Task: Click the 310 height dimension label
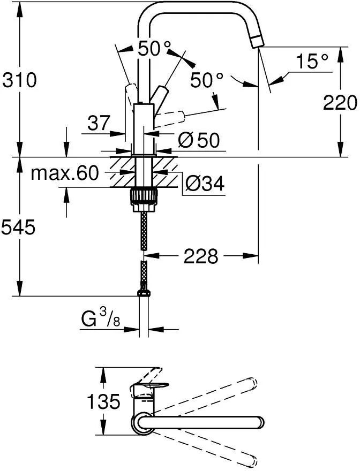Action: (19, 80)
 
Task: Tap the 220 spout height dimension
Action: (340, 103)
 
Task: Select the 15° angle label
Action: (312, 61)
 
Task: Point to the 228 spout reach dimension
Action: (200, 256)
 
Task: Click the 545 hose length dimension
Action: (19, 227)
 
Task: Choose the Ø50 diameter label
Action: (199, 140)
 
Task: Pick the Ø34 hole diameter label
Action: (205, 183)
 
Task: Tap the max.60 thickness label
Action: (65, 173)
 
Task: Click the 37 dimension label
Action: (98, 123)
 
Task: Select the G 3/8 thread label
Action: (101, 318)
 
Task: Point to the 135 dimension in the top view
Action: (103, 401)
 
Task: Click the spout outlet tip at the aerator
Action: (256, 41)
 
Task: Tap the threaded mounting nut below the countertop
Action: (144, 197)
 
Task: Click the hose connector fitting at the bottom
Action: (144, 293)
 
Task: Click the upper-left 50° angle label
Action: (154, 48)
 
